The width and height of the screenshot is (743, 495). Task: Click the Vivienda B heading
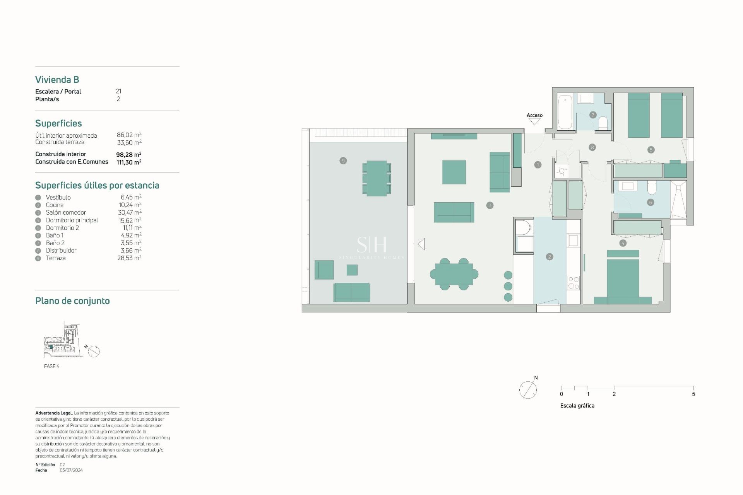point(57,80)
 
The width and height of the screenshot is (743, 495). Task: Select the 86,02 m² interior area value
point(129,135)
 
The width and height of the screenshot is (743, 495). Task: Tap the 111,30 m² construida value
point(129,162)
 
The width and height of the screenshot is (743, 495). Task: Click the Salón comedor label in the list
point(66,213)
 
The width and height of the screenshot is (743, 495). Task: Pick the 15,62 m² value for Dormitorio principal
point(130,220)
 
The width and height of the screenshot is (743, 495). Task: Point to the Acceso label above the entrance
point(534,115)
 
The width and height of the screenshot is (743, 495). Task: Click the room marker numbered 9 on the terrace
point(343,160)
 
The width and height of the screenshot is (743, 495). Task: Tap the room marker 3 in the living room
point(490,205)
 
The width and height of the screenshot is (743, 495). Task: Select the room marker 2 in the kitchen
point(550,257)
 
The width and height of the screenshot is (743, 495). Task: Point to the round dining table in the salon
point(454,274)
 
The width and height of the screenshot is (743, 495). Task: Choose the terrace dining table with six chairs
point(377,178)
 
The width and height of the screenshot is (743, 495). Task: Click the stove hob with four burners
point(573,283)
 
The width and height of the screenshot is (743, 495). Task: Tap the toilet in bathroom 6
point(652,188)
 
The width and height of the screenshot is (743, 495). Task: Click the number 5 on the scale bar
point(693,394)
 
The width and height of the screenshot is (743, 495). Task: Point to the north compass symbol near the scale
point(528,389)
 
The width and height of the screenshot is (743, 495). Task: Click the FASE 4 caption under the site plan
point(51,366)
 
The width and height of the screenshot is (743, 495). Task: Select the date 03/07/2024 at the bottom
point(71,470)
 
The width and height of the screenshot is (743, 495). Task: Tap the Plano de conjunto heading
point(72,301)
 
